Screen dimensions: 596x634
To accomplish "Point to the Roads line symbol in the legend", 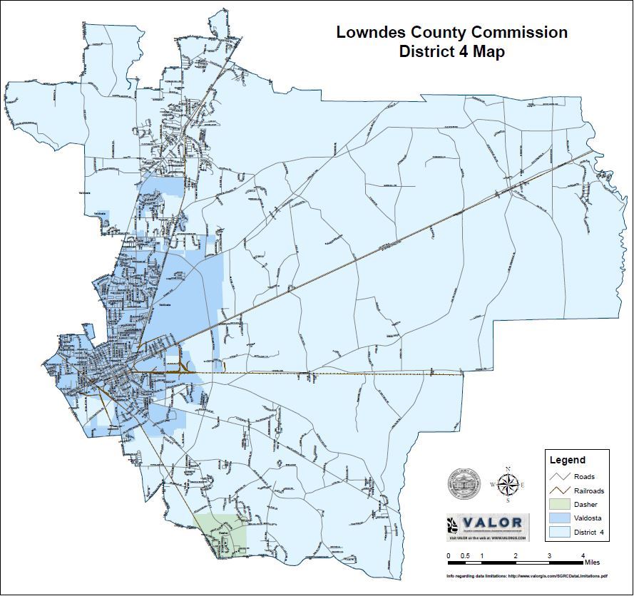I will [x=559, y=476].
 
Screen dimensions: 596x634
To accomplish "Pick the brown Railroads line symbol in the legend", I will [x=559, y=490].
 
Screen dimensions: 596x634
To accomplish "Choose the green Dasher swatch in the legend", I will [x=559, y=504].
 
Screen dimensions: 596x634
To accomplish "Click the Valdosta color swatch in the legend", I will [x=559, y=518].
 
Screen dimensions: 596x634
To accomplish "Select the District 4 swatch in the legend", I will [x=559, y=532].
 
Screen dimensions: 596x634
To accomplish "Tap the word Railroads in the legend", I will [x=589, y=491].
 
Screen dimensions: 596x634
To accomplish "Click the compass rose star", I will [x=507, y=485].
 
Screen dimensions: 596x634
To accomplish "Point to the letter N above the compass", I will [x=507, y=468].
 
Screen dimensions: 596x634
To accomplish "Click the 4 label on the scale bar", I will [x=583, y=555].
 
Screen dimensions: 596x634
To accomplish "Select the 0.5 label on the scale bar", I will [x=465, y=555].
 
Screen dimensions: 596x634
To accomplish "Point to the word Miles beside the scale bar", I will [x=592, y=562].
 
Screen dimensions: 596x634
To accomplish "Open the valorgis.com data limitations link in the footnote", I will [x=557, y=575].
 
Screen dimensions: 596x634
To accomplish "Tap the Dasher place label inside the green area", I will [x=223, y=533].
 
